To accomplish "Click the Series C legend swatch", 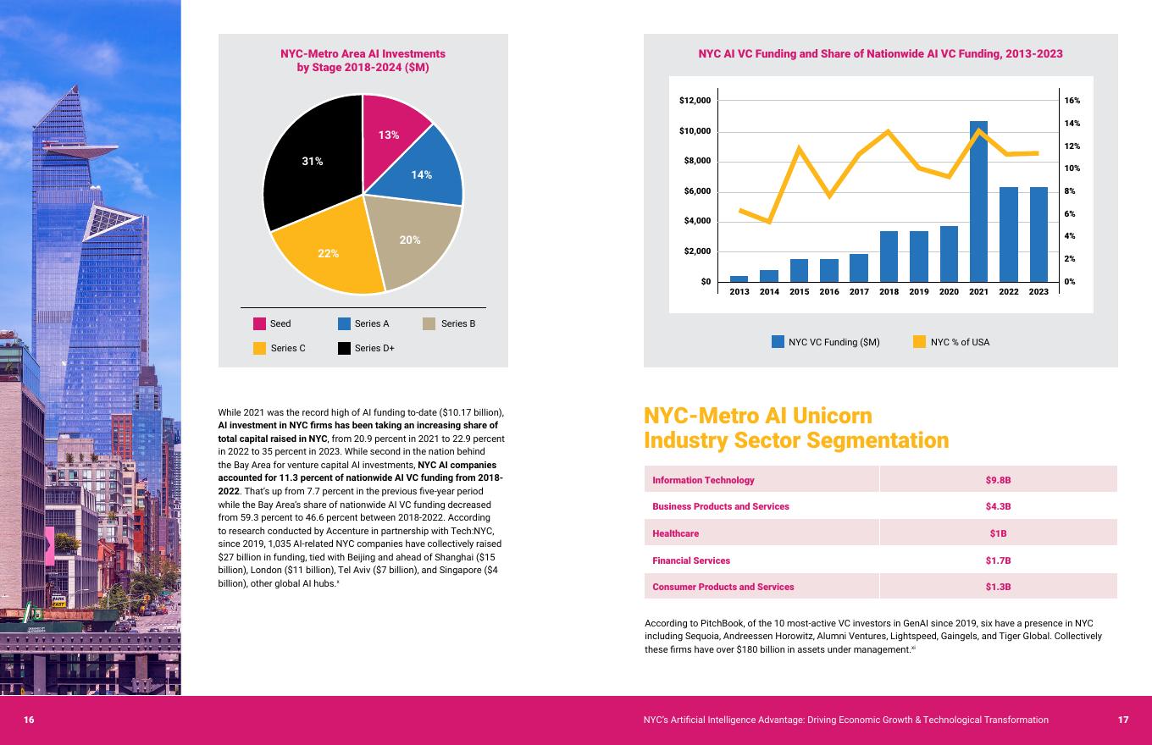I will [x=260, y=348].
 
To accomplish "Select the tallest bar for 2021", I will [x=978, y=203].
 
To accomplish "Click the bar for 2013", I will [x=739, y=279].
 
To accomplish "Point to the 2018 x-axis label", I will [x=889, y=292].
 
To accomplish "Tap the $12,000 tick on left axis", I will [x=695, y=101].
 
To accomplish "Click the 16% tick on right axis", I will [x=1072, y=101].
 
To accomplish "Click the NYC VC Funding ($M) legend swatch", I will [x=778, y=342].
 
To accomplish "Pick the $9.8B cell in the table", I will [x=998, y=480].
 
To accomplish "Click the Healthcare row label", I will [x=675, y=533].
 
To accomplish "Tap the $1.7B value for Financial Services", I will [x=998, y=560].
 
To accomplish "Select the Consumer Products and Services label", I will [x=723, y=587].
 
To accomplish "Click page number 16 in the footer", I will [x=29, y=720].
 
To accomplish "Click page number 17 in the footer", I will [x=1122, y=720].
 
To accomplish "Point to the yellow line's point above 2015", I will [x=799, y=148].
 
